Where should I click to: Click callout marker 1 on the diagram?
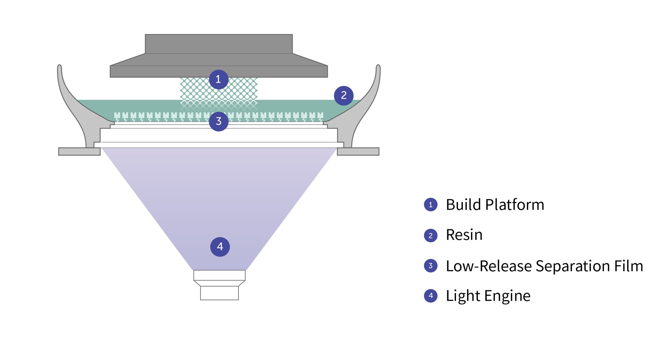pyautogui.click(x=219, y=79)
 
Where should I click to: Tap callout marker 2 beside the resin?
pyautogui.click(x=343, y=95)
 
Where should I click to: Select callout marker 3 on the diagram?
pyautogui.click(x=219, y=122)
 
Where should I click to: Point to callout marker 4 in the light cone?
pyautogui.click(x=220, y=247)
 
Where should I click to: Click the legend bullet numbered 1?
pyautogui.click(x=430, y=205)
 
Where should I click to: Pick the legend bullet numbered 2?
pyautogui.click(x=430, y=235)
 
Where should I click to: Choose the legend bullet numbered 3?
pyautogui.click(x=430, y=266)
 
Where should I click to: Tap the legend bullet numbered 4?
pyautogui.click(x=430, y=296)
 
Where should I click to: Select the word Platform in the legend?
pyautogui.click(x=515, y=205)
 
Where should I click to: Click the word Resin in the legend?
pyautogui.click(x=464, y=235)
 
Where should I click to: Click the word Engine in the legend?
pyautogui.click(x=507, y=296)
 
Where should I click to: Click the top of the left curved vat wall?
pyautogui.click(x=60, y=67)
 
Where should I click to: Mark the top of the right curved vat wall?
pyautogui.click(x=378, y=67)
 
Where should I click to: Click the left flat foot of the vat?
pyautogui.click(x=79, y=151)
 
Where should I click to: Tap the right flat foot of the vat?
pyautogui.click(x=358, y=151)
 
